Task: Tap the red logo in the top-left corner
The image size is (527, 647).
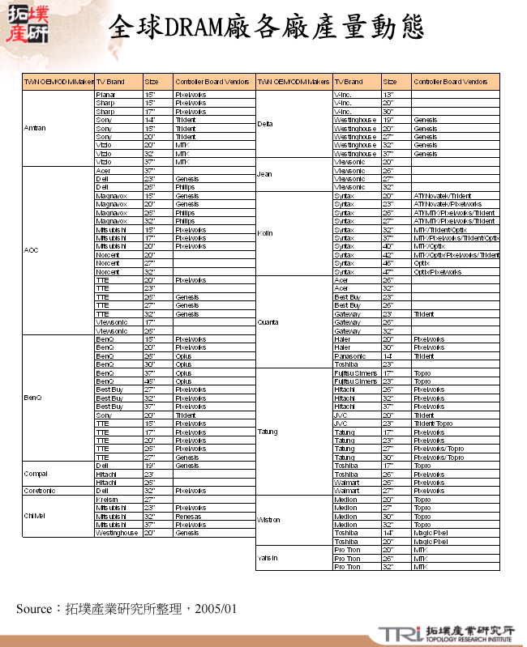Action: click(x=27, y=23)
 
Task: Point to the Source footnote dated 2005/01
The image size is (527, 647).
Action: click(x=126, y=608)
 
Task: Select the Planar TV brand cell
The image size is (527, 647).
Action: click(x=105, y=95)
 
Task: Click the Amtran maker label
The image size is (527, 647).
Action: click(x=35, y=129)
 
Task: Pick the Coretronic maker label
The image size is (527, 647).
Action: click(x=40, y=491)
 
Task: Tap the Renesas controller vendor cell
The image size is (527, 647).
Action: click(x=189, y=516)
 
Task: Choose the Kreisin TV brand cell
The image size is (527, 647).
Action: click(x=107, y=499)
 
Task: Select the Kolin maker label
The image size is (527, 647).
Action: click(x=264, y=233)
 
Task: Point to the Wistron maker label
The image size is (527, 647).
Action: click(x=268, y=520)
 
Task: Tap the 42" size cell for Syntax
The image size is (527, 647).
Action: click(x=388, y=254)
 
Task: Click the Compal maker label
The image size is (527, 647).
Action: click(x=36, y=474)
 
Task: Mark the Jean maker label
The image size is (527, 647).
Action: click(x=264, y=174)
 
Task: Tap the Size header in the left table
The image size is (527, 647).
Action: click(x=152, y=82)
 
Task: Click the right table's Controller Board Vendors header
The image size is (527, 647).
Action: click(x=451, y=82)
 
